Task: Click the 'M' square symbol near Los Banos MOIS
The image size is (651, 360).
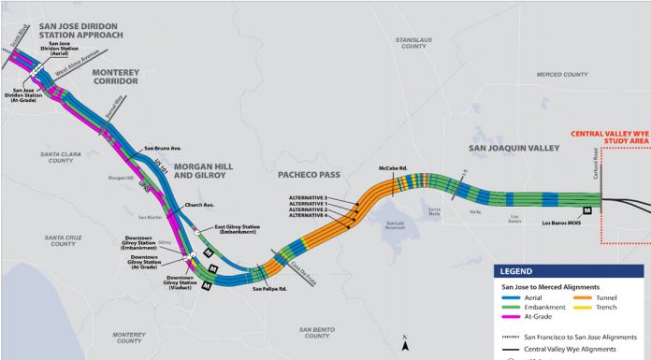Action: pyautogui.click(x=587, y=210)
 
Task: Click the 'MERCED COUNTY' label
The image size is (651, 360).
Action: pyautogui.click(x=563, y=74)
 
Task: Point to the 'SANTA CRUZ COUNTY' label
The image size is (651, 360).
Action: pyautogui.click(x=62, y=240)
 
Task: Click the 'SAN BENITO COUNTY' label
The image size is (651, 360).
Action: pyautogui.click(x=321, y=331)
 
